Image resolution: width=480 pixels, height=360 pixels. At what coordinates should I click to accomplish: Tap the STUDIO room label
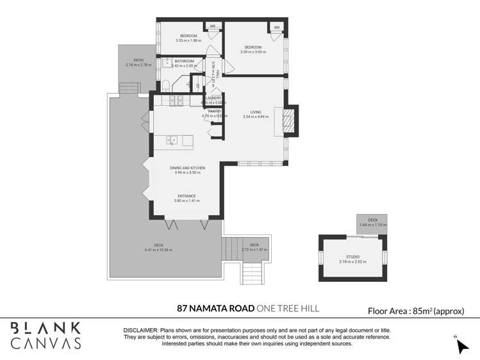tap(353, 257)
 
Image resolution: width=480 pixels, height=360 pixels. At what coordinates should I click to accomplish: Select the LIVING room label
tap(256, 112)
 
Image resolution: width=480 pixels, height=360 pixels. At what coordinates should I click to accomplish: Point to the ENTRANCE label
tap(187, 196)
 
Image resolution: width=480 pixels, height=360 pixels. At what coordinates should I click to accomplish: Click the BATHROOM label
tap(184, 61)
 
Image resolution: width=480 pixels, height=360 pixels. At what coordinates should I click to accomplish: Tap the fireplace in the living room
tap(289, 120)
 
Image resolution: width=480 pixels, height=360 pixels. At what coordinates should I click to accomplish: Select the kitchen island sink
tap(171, 141)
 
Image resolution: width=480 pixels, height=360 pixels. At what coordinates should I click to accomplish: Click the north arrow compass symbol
tap(461, 345)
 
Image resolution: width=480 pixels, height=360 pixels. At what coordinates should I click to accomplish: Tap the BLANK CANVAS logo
tap(46, 336)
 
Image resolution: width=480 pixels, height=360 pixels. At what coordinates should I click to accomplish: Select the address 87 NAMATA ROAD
tap(215, 309)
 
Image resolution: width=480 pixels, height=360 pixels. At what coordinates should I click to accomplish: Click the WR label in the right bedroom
tap(277, 28)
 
